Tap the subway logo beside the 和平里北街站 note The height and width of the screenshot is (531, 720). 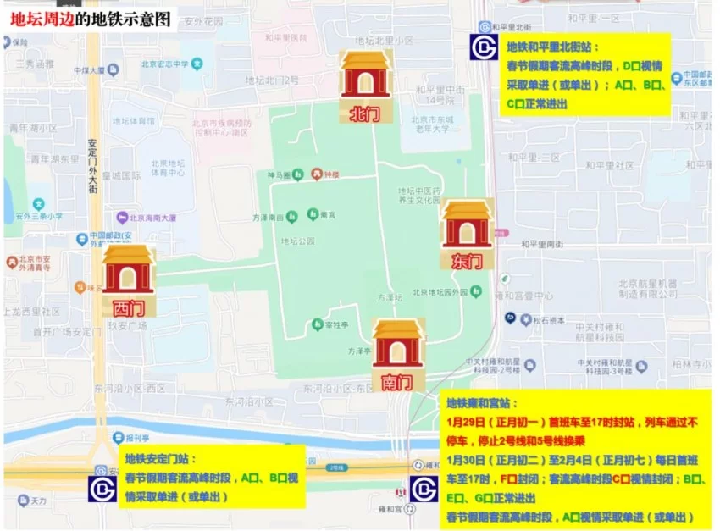(485, 47)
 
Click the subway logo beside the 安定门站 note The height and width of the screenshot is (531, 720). (103, 489)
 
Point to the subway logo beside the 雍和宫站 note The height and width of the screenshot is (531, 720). (424, 489)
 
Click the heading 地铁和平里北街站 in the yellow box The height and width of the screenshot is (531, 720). (552, 47)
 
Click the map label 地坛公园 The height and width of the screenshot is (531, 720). (297, 241)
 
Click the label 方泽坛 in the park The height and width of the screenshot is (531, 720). (390, 298)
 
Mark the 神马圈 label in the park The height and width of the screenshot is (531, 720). (280, 176)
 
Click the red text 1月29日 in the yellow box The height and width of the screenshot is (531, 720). (467, 422)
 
